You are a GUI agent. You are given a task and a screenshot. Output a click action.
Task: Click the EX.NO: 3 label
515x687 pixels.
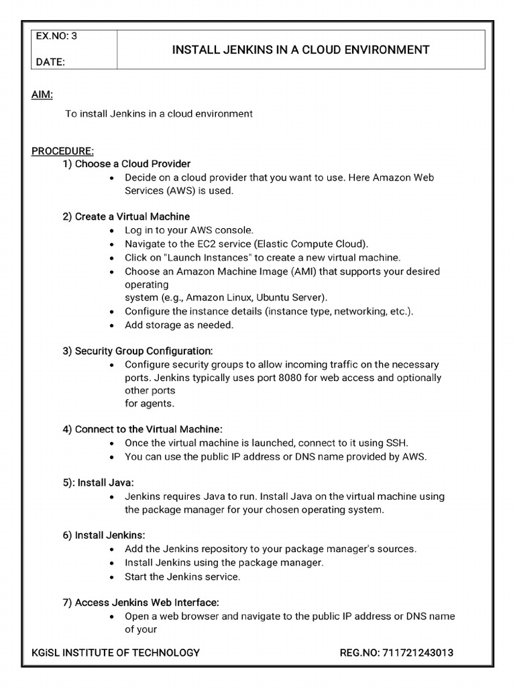tap(56, 37)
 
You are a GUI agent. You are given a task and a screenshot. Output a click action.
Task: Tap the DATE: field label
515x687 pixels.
tap(50, 62)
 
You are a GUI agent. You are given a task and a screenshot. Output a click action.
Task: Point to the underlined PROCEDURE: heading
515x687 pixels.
tap(62, 151)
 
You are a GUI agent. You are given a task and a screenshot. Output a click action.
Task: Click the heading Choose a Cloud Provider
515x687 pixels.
tap(132, 164)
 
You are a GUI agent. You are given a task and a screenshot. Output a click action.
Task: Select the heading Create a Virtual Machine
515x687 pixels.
tap(132, 217)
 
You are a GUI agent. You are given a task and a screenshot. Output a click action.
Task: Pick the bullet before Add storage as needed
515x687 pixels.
tap(112, 325)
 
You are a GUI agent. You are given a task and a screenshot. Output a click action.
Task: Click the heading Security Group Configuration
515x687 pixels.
tap(144, 351)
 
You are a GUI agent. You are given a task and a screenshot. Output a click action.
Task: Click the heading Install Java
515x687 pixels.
tap(106, 482)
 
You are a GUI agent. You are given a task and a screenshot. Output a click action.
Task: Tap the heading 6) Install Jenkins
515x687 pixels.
tap(104, 535)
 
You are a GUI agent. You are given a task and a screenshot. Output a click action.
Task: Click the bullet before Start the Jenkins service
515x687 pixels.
tap(112, 577)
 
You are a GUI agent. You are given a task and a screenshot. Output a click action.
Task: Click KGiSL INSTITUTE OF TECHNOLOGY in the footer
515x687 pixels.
tap(115, 652)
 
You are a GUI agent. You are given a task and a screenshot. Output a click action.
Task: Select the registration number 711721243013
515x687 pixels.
tap(424, 652)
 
